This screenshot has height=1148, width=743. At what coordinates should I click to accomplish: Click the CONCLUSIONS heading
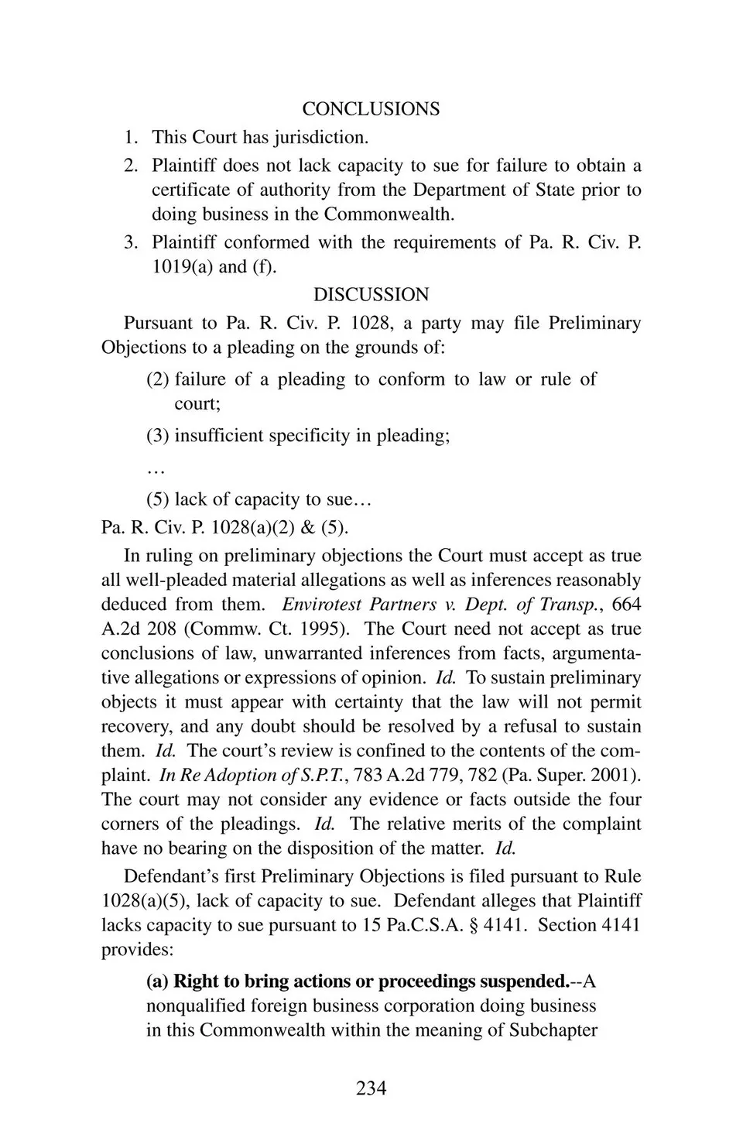pyautogui.click(x=371, y=109)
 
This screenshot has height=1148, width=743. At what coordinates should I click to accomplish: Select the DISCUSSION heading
pyautogui.click(x=371, y=295)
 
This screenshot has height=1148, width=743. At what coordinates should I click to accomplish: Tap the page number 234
pyautogui.click(x=371, y=1088)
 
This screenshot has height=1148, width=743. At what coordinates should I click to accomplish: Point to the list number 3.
pyautogui.click(x=131, y=242)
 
